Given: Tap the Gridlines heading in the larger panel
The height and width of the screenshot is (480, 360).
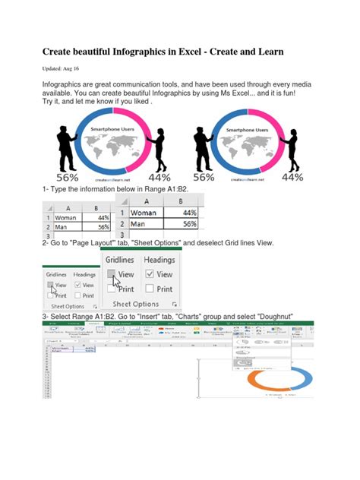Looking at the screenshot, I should [120, 260].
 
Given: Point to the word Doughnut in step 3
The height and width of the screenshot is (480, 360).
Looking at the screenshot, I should [270, 317].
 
